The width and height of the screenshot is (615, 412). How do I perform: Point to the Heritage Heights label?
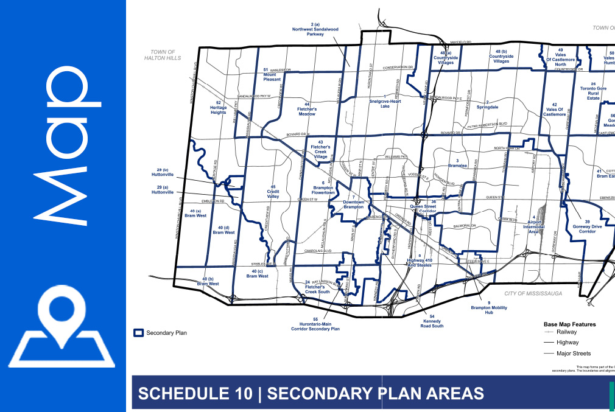point(219,108)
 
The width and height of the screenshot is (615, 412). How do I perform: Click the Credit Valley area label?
point(273,192)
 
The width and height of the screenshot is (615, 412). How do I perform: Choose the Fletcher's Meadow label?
point(307,110)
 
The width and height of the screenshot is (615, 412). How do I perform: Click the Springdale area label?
point(487,105)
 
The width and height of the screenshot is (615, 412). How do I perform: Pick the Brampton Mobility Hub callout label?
point(488,308)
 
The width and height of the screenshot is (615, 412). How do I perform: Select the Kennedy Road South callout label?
point(432,321)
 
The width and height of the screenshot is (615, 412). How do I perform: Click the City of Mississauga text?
point(532,293)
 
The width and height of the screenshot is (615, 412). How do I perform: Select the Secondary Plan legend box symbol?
point(138,333)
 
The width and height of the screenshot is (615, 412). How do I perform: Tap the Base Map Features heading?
point(569,324)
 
